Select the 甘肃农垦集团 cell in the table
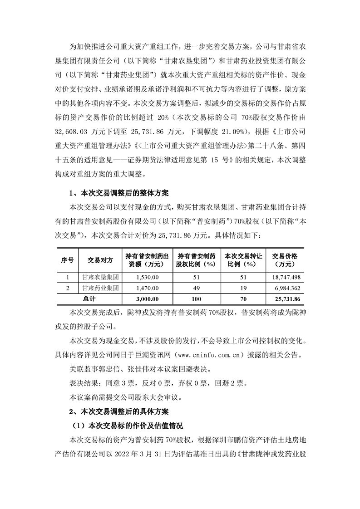pos(100,277)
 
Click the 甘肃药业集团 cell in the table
pos(100,288)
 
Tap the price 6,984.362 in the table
pos(288,288)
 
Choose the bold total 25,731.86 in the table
pos(287,299)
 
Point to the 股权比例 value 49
pos(196,288)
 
